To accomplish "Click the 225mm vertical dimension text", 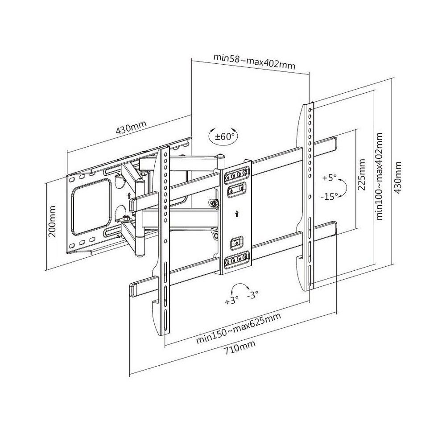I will click(362, 174).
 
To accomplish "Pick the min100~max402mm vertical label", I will click(379, 176).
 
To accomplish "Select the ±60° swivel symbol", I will click(222, 136).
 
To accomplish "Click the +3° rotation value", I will click(231, 300).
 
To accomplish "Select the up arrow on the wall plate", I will click(128, 195).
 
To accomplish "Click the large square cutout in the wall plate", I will click(91, 206).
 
